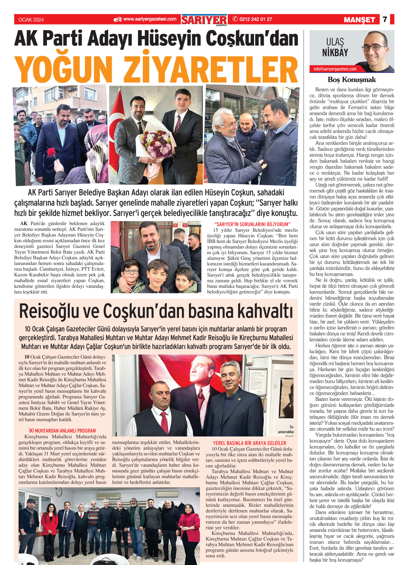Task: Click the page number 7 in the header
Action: coord(385,19)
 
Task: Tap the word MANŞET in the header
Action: coord(359,20)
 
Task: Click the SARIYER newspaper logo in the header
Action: coord(204,20)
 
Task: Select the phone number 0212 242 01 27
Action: coord(255,19)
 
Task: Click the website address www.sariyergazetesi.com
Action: coord(150,19)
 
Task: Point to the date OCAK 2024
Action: coord(31,20)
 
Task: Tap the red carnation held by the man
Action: coord(51,152)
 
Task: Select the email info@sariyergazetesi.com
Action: coord(335,69)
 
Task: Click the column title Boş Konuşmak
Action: coord(352,80)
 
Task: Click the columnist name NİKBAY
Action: coord(335,53)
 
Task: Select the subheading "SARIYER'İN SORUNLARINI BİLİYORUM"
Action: coord(252,224)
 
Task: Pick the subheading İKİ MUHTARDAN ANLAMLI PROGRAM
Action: coord(62,431)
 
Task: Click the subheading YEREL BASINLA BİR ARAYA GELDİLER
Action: coord(250,443)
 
